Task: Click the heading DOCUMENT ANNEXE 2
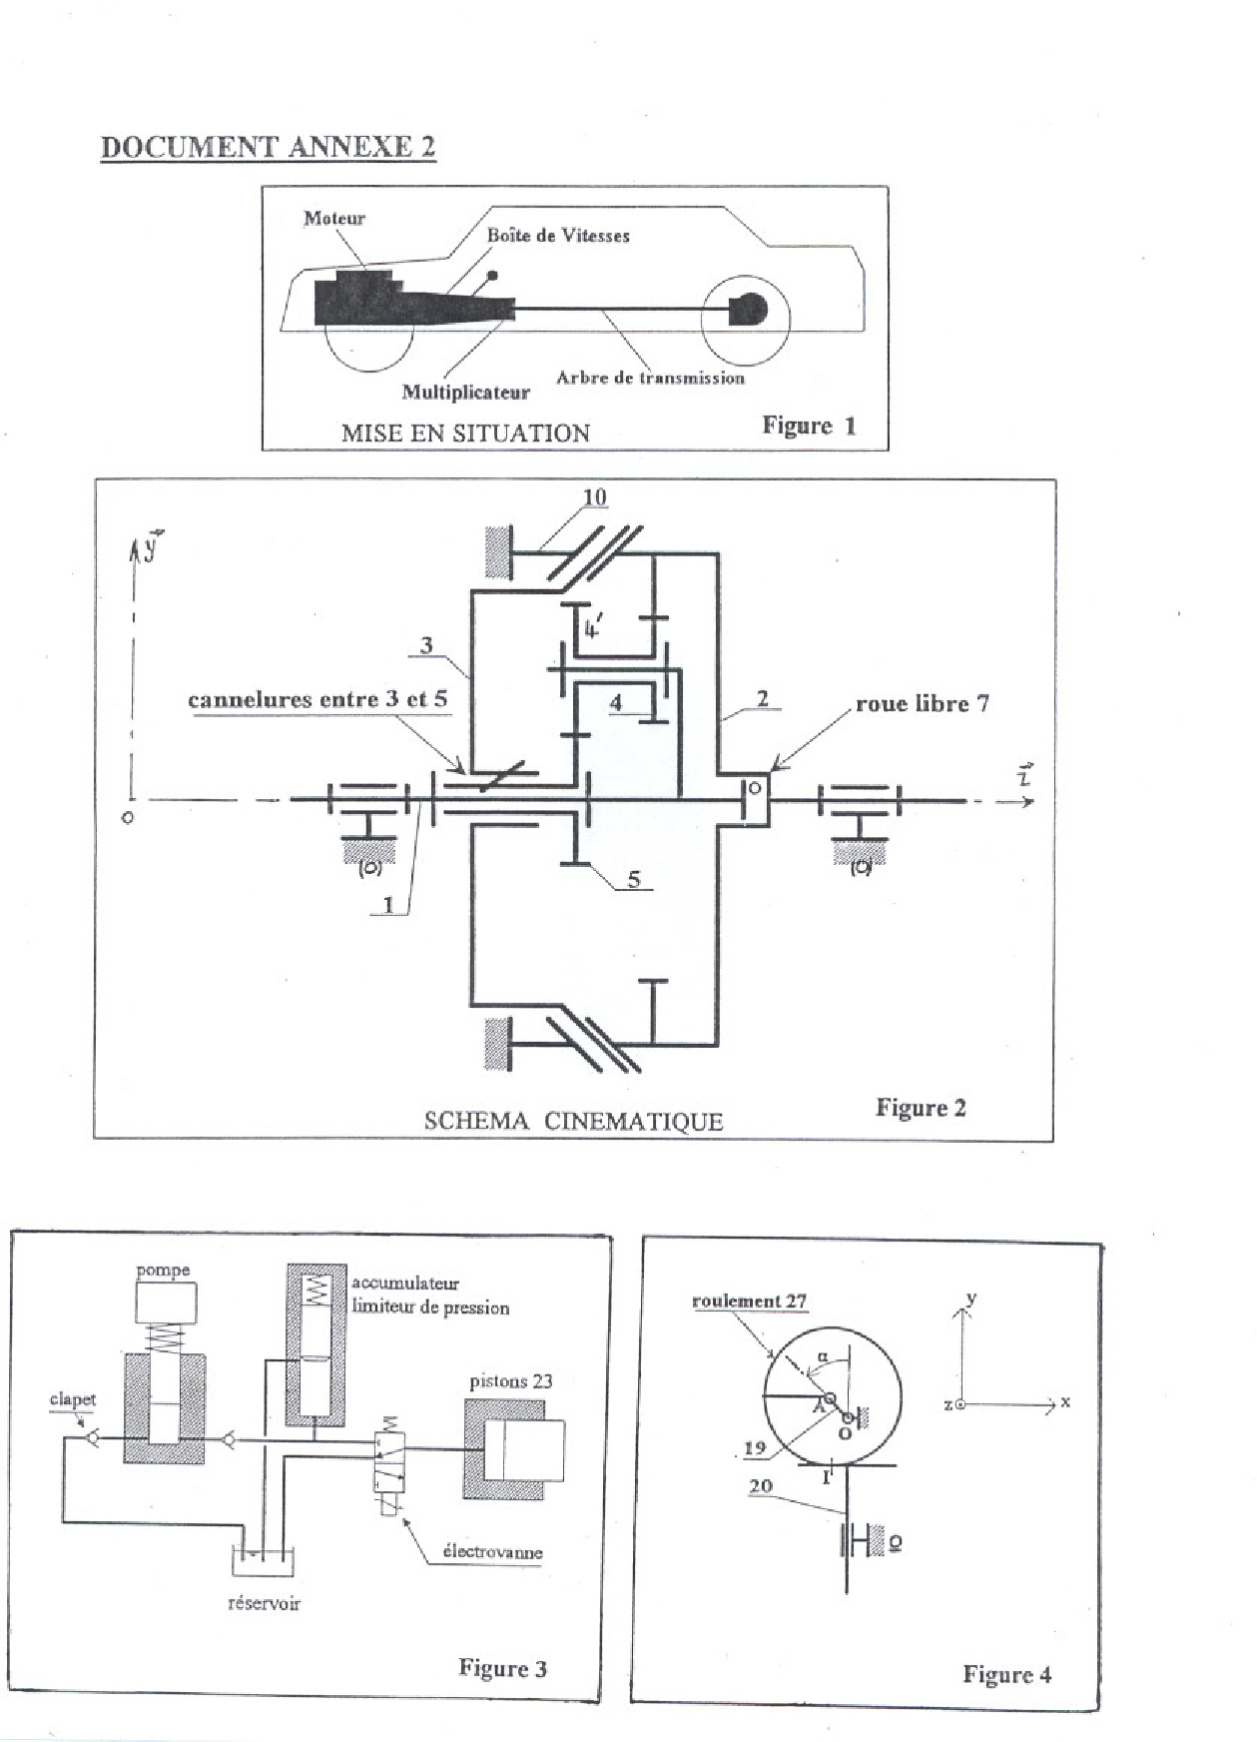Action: pos(268,147)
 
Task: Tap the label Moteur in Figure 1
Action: pos(334,218)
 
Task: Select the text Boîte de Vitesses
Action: pos(558,236)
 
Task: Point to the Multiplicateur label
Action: pos(466,392)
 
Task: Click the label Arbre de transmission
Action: pos(650,378)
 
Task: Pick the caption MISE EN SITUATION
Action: pos(465,433)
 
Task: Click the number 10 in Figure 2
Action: pos(594,496)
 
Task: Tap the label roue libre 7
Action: pos(923,703)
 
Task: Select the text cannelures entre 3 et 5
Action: pos(317,699)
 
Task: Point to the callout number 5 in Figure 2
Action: pos(634,880)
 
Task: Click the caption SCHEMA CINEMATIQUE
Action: pos(573,1121)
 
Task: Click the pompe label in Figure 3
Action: pos(163,1271)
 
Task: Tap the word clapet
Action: pos(73,1399)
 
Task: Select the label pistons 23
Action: pos(511,1381)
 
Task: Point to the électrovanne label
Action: pos(492,1552)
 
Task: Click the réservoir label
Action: pos(264,1603)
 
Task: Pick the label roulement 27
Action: pos(749,1301)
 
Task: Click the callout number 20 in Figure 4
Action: pos(761,1485)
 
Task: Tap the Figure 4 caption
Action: pos(1006,1674)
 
